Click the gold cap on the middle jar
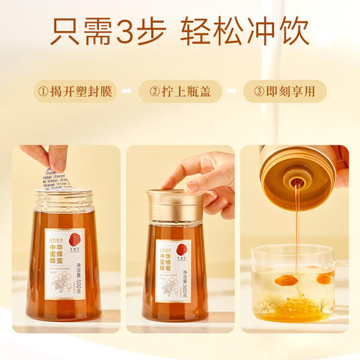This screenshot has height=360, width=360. tap(175, 201)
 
